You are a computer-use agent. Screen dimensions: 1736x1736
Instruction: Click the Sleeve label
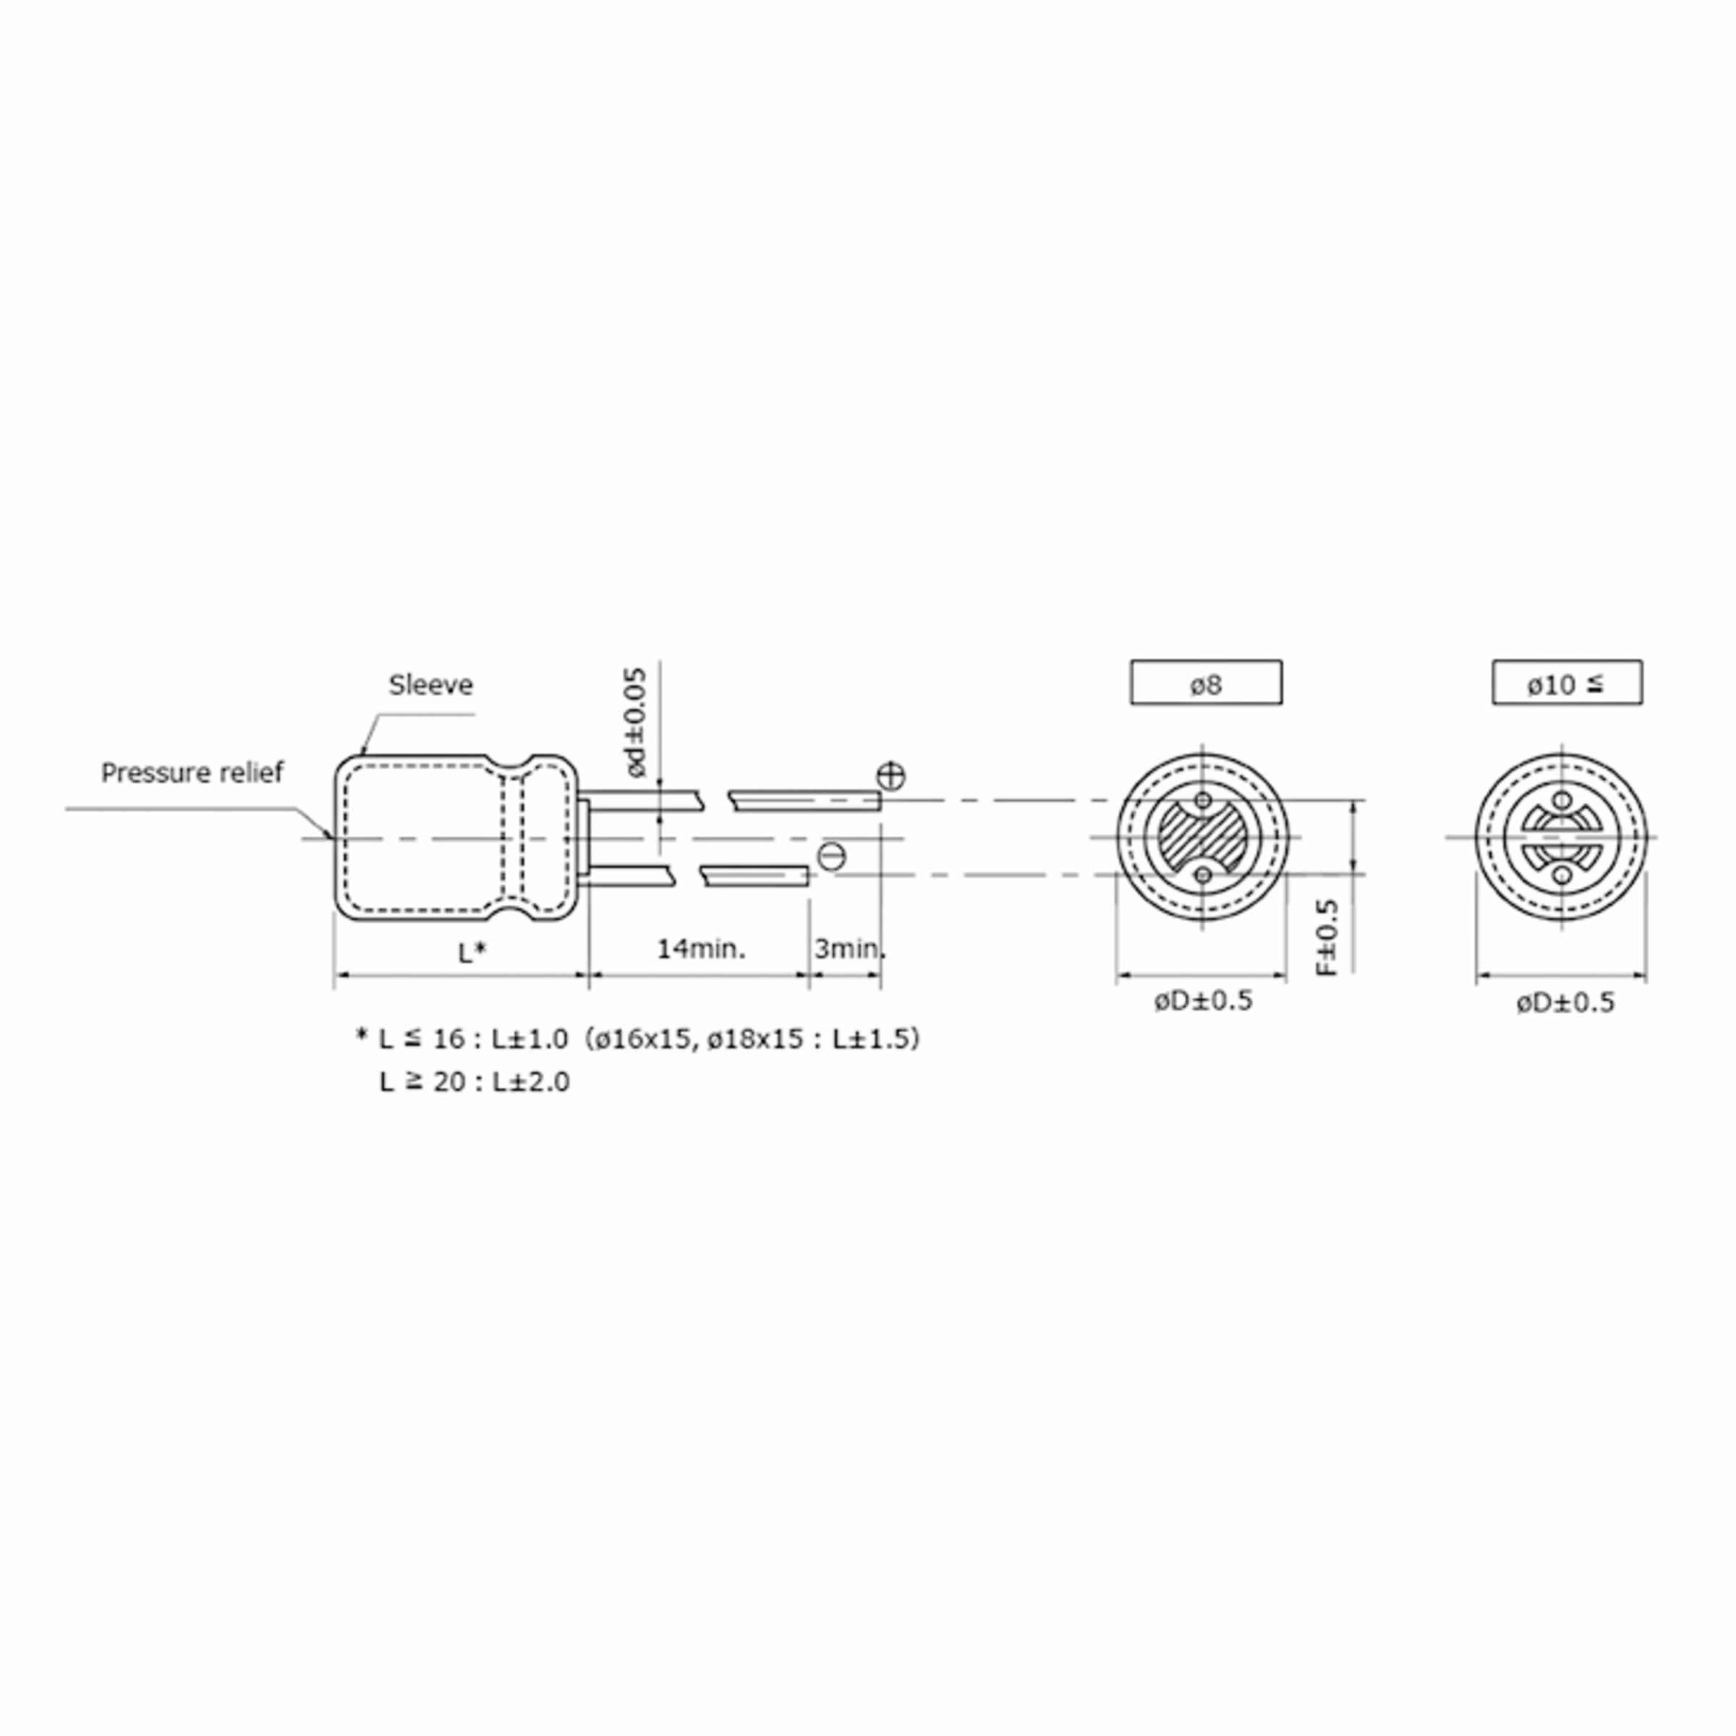coord(430,686)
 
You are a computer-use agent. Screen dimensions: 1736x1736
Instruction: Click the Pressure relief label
coord(192,773)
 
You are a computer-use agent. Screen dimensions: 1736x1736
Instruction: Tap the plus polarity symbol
coord(890,775)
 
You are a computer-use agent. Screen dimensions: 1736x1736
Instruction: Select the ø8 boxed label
coord(1206,683)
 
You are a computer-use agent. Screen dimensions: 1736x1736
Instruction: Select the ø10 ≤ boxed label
coord(1567,683)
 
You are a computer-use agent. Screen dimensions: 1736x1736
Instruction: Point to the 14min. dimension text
coord(701,949)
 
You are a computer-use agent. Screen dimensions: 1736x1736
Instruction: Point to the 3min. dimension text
coord(849,949)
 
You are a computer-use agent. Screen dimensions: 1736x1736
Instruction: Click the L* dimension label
coord(472,953)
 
